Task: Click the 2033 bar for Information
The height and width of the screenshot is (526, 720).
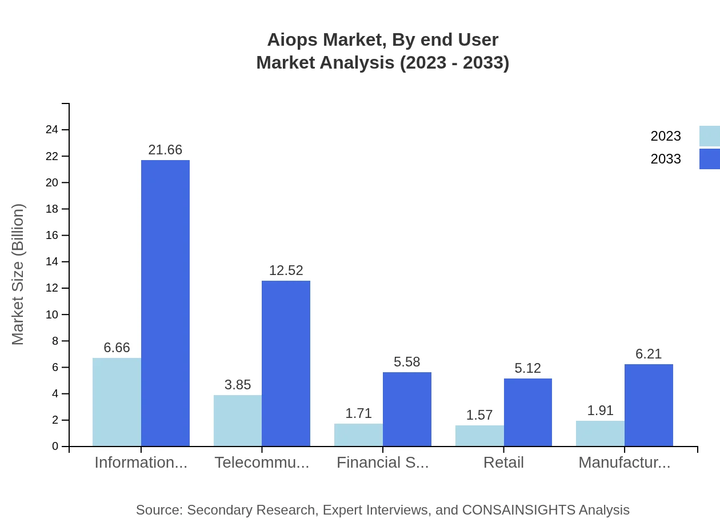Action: (x=165, y=303)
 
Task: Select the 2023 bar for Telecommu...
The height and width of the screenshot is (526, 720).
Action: (x=238, y=420)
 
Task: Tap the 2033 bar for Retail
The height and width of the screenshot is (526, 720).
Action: (x=528, y=412)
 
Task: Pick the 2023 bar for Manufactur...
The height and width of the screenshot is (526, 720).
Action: (x=600, y=433)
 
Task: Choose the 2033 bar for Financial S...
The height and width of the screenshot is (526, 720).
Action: (x=407, y=409)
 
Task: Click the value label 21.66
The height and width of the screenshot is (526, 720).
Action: (x=165, y=150)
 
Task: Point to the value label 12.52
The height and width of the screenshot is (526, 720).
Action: (x=286, y=270)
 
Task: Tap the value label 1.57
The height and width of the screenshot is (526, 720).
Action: (x=479, y=415)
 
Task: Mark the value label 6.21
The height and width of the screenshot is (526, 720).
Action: (x=649, y=354)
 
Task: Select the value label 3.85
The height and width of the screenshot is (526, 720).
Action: (x=238, y=385)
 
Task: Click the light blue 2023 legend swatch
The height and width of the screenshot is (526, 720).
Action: (x=709, y=136)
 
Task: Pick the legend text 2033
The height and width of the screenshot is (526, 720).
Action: (x=666, y=159)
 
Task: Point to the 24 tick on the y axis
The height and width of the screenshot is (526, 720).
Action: (x=52, y=130)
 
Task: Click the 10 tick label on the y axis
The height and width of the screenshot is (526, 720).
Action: (x=52, y=314)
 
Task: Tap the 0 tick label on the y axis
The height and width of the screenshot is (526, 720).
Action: (x=55, y=447)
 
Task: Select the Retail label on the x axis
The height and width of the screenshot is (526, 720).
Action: (x=503, y=463)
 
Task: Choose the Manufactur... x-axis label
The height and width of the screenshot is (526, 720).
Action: (x=624, y=463)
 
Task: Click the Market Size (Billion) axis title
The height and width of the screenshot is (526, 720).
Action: (x=18, y=274)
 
